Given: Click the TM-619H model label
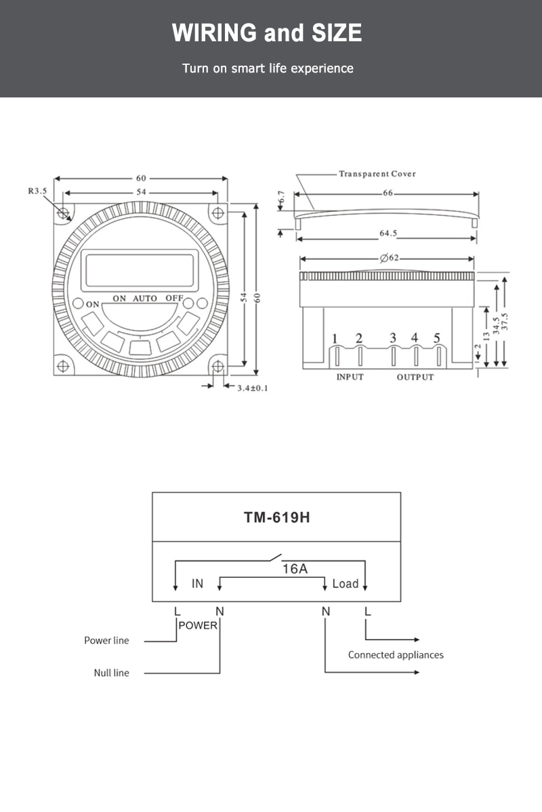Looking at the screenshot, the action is (276, 517).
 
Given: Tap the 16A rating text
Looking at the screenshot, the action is (295, 569).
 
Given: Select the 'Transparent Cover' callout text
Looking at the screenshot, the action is (377, 174).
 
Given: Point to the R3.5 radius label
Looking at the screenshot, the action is (38, 191).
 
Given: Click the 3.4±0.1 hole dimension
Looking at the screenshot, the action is (253, 388).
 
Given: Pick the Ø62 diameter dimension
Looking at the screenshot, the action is (389, 258).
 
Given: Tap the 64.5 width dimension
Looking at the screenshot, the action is (388, 233).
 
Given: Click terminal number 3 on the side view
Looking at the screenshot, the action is (393, 338).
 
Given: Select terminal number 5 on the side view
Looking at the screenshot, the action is (437, 338).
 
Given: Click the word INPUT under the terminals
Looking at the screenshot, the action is (350, 377).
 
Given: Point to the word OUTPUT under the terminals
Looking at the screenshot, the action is (415, 377).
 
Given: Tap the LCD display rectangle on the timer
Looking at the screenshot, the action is (140, 271).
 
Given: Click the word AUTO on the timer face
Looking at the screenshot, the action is (145, 298).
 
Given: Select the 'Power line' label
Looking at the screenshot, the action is (106, 641).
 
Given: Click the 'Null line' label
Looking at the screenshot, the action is (112, 673).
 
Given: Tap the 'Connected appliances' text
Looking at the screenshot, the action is (396, 655).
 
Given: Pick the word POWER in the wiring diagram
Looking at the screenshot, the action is (198, 625).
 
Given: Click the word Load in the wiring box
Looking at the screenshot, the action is (346, 584).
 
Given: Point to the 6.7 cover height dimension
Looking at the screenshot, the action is (282, 198).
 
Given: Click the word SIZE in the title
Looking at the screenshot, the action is (337, 32).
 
